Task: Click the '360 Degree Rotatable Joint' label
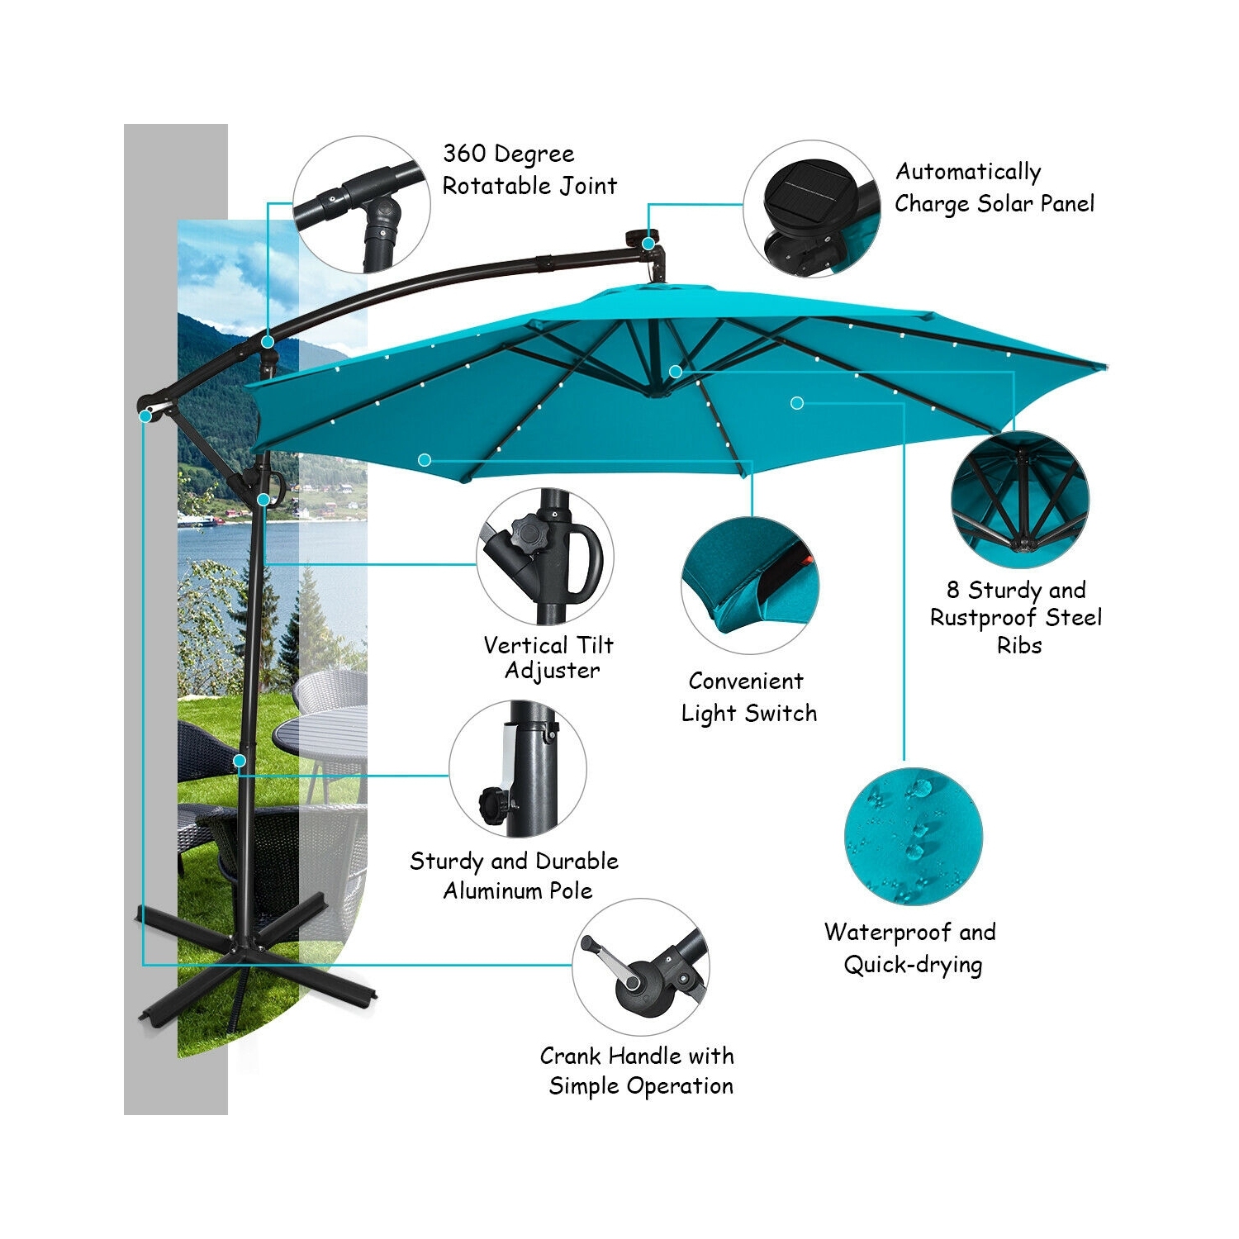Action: coord(529,169)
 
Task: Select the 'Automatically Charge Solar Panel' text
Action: coord(994,188)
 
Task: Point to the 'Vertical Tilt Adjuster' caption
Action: coord(549,657)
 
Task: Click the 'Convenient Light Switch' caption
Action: coord(748,697)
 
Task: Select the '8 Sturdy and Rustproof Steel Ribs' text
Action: coord(1017,617)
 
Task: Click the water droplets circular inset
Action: coord(913,836)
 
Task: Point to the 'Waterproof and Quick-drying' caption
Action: coord(911,948)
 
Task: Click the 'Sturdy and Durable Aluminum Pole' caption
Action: coord(515,876)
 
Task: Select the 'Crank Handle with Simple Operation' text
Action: coord(638,1070)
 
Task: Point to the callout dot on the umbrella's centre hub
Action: coord(676,372)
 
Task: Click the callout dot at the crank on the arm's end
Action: coord(145,416)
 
